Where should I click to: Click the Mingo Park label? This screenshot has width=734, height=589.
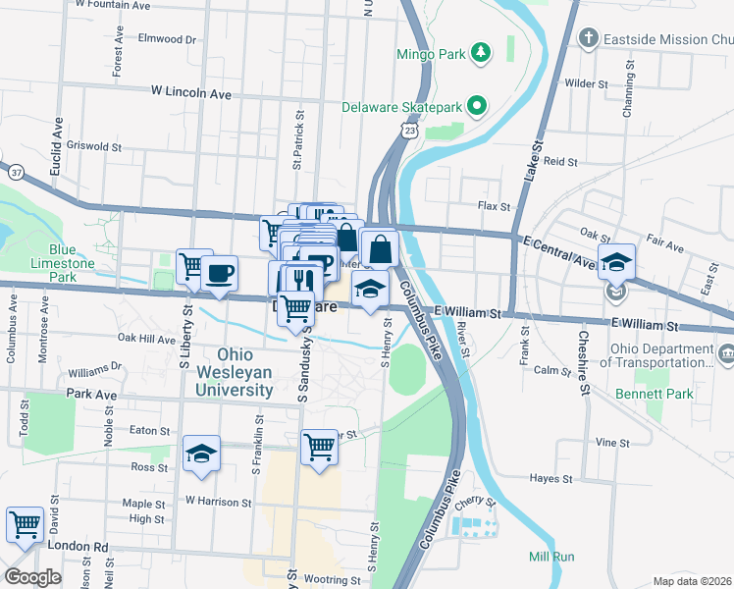(x=430, y=55)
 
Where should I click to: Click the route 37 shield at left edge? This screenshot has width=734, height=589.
(x=16, y=172)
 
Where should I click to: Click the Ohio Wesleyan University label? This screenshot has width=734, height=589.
(x=235, y=372)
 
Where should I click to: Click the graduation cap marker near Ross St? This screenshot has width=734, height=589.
(x=201, y=453)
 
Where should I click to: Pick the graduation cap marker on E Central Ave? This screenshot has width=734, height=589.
(x=616, y=262)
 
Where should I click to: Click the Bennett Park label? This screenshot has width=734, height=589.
(x=655, y=395)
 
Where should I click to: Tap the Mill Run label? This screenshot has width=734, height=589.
(x=550, y=557)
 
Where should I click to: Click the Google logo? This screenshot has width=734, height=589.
(x=32, y=577)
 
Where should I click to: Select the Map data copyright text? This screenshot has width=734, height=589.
(x=692, y=581)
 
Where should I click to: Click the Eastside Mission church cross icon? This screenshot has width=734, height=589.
(x=588, y=39)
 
